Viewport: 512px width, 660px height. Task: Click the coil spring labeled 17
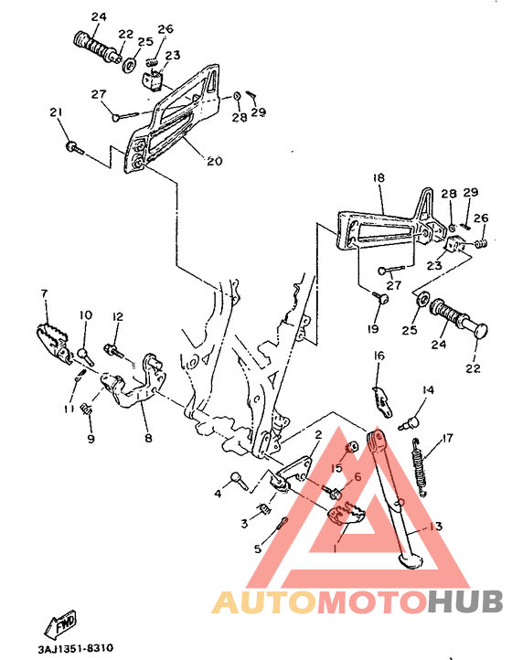tap(420, 467)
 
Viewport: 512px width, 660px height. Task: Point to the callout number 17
tap(448, 439)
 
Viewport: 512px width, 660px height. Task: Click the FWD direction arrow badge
tap(63, 625)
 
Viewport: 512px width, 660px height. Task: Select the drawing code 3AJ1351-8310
tap(76, 648)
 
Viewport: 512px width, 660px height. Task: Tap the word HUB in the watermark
tap(464, 601)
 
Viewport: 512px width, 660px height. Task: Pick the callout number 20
tap(214, 162)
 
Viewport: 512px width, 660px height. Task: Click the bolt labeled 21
tap(73, 145)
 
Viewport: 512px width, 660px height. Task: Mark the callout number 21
tap(57, 112)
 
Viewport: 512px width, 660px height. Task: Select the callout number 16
tap(379, 356)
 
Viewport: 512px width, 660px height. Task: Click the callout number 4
tap(218, 495)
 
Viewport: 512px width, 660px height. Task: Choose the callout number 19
tap(373, 329)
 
